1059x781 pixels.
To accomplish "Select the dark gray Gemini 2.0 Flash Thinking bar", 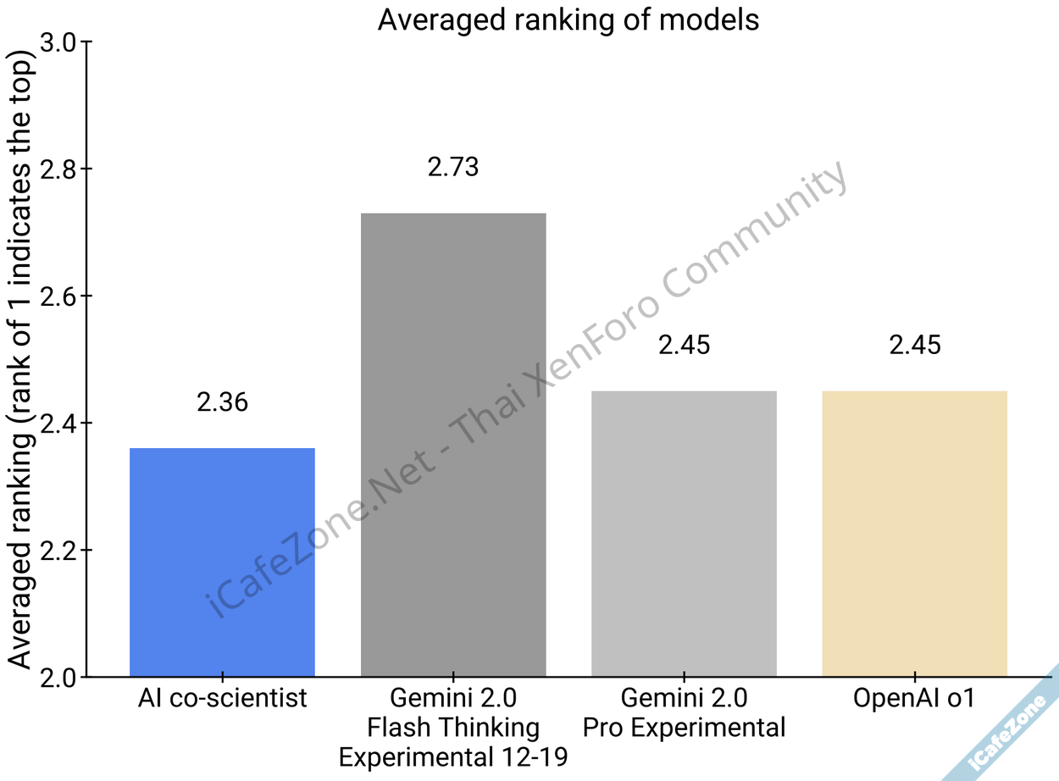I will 453,445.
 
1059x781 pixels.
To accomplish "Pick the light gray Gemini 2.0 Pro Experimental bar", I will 684,534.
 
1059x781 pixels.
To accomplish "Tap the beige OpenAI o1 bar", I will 915,534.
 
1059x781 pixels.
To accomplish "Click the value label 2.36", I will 222,402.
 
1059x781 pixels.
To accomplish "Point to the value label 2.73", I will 453,167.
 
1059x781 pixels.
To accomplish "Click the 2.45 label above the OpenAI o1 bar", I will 915,345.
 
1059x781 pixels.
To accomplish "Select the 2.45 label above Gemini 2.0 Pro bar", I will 684,345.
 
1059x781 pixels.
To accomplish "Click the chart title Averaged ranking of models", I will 568,19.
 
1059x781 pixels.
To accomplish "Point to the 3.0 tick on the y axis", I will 58,42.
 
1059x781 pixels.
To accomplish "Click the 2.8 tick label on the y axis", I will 58,169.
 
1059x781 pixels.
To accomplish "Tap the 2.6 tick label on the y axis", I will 58,296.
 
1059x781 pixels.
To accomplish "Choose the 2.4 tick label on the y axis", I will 58,424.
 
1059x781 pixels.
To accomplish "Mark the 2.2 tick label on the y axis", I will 58,551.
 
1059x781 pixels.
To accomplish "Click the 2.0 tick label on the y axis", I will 58,678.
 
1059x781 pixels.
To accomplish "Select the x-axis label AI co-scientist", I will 222,700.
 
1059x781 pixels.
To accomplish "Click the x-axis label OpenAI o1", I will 915,700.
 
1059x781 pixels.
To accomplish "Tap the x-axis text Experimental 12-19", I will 453,756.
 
